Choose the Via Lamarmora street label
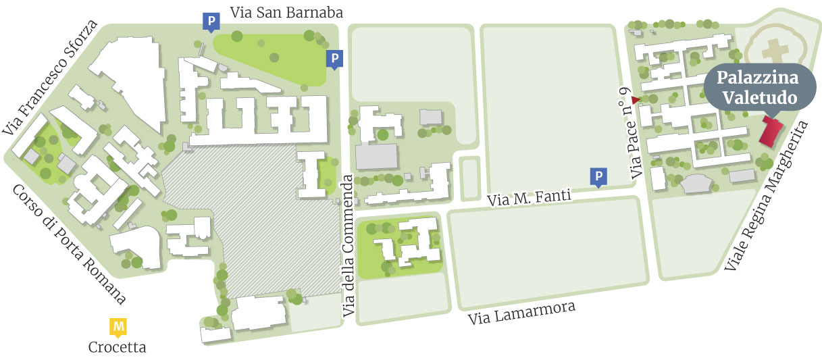523,313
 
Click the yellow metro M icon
119,328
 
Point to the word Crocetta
118,348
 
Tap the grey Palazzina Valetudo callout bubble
756,88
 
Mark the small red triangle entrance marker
635,101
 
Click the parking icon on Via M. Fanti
598,176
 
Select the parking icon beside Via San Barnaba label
211,22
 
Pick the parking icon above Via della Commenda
334,59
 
